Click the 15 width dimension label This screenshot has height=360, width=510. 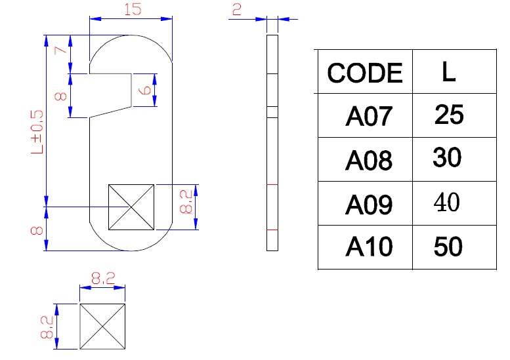click(131, 9)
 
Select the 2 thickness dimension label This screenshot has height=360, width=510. click(236, 9)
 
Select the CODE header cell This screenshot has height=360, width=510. click(364, 73)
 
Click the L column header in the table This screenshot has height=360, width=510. click(448, 72)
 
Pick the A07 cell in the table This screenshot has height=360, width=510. click(368, 117)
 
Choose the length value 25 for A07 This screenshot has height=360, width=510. click(449, 115)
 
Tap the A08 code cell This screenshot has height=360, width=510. click(368, 160)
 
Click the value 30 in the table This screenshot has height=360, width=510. click(448, 158)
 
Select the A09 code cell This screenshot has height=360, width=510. click(368, 205)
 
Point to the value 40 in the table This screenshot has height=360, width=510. click(448, 203)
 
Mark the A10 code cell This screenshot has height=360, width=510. click(368, 247)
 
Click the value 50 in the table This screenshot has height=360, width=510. click(448, 247)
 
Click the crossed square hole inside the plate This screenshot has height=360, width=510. click(131, 207)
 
